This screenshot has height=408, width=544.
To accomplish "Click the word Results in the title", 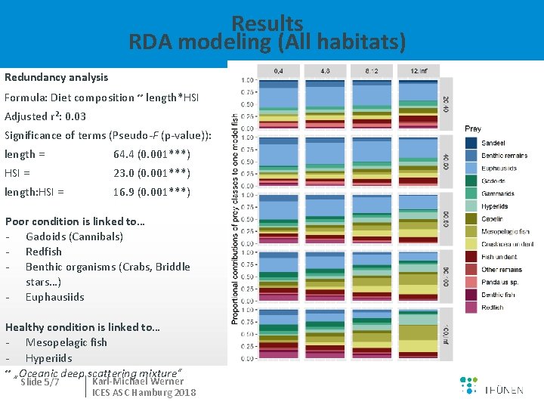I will [267, 23].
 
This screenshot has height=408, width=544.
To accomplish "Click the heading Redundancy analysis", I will [57, 77].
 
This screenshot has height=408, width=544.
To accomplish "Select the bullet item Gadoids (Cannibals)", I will [74, 236].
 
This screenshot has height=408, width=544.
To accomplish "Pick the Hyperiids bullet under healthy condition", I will [48, 357].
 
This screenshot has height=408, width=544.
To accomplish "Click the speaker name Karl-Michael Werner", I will [138, 381].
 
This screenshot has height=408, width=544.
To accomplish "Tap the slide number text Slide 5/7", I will [42, 382].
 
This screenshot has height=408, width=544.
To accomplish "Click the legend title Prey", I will [473, 129].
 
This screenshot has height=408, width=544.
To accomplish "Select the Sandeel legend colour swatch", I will [471, 143].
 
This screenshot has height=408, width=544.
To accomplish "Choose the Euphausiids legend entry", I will [499, 168].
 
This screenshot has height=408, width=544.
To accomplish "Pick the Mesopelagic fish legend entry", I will [505, 232].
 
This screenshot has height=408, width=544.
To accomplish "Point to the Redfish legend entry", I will [492, 308].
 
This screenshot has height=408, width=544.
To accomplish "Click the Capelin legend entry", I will [493, 219].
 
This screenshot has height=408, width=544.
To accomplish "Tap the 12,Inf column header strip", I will [419, 71].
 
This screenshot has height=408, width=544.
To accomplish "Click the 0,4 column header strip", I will [278, 71].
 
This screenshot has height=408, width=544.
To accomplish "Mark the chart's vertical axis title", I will [235, 219].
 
